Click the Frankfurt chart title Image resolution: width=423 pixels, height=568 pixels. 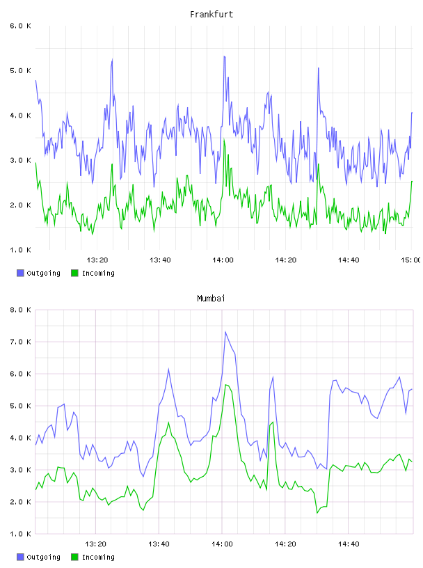211,14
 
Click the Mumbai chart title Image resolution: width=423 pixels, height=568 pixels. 211,298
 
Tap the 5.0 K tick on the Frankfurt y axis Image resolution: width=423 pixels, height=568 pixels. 20,70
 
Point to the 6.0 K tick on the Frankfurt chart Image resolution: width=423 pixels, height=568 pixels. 20,26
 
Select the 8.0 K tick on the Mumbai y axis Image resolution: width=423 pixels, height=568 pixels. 20,310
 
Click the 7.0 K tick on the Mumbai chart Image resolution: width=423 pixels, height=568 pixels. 20,342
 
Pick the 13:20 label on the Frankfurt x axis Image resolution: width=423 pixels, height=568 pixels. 97,260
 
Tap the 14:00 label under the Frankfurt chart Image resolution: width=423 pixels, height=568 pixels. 223,260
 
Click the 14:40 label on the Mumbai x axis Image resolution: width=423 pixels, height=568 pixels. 349,544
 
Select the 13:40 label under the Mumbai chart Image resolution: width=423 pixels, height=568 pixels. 159,544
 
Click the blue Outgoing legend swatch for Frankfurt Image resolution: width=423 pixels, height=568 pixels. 20,273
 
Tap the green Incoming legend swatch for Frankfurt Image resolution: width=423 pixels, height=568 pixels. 74,273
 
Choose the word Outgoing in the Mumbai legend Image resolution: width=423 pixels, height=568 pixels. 43,557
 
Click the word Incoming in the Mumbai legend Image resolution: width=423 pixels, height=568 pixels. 98,557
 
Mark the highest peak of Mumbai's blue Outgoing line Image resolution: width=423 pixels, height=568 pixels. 225,331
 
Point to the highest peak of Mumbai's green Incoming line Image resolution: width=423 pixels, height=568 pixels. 225,385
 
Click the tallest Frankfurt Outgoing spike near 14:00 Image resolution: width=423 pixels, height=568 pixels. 225,56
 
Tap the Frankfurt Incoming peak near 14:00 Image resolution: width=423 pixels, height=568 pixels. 224,139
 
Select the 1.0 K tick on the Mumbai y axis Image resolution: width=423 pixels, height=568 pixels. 20,534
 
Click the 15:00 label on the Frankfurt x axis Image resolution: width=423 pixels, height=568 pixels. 411,260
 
